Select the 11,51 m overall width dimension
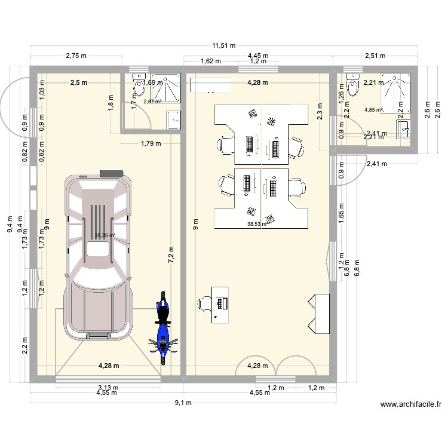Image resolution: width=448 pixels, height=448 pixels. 223,45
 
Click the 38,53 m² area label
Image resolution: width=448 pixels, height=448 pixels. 257,225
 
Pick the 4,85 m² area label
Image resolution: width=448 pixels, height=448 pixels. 373,109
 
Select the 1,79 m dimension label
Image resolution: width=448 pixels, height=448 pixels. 151,143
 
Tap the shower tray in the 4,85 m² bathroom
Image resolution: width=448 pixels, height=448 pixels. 396,93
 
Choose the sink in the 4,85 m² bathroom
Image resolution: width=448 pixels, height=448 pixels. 403,128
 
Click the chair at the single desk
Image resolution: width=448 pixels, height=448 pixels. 204,303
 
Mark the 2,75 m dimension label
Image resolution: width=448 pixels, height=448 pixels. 76,56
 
